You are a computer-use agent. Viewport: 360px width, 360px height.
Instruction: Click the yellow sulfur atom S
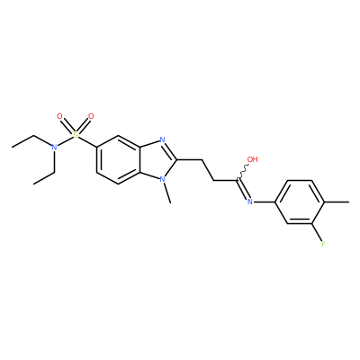pos(76,135)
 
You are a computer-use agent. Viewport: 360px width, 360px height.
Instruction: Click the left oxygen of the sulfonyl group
pos(59,116)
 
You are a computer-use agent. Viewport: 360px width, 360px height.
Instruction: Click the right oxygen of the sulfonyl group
pos(91,116)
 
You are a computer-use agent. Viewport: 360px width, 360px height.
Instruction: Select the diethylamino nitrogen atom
pos(54,147)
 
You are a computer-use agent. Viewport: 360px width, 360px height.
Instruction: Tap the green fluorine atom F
pos(323,244)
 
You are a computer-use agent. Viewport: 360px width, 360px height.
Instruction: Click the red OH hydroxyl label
pos(252,159)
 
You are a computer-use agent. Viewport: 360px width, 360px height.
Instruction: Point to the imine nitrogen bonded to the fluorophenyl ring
pos(249,202)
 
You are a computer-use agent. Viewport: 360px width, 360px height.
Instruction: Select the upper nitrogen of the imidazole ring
pos(162,139)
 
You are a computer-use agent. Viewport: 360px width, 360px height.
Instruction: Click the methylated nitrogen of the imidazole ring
pos(162,179)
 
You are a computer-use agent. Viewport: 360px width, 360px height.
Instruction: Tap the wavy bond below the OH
pos(243,172)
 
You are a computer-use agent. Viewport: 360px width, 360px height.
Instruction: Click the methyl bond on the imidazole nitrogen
pos(166,193)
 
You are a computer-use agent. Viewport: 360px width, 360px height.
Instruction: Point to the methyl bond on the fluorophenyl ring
pos(337,202)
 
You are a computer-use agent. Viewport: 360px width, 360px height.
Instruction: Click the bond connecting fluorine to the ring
pos(318,231)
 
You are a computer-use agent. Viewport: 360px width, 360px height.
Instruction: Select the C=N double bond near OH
pos(242,189)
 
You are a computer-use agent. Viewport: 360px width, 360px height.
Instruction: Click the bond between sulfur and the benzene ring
pos(87,141)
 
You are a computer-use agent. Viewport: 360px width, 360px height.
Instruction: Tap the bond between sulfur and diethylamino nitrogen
pos(65,141)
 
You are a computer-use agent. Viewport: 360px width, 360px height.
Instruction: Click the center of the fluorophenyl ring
pos(300,202)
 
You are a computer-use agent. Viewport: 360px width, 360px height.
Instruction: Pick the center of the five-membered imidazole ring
pos(157,159)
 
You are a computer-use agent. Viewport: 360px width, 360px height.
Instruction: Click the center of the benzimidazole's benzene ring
pos(118,159)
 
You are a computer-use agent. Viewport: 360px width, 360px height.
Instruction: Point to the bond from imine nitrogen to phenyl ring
pos(265,202)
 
